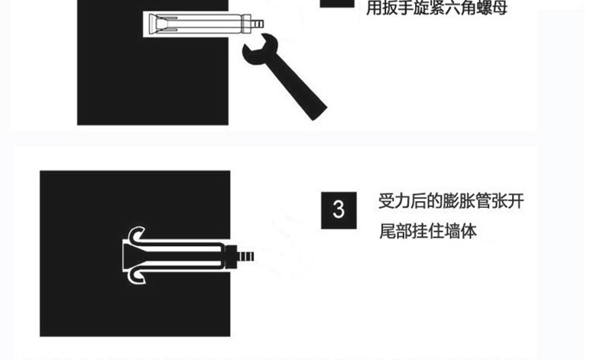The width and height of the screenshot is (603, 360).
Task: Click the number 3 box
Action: pos(339,210)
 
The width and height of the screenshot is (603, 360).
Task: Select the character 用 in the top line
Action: pos(374,8)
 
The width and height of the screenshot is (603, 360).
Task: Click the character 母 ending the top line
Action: pos(499,8)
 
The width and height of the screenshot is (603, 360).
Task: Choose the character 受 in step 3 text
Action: pos(387,201)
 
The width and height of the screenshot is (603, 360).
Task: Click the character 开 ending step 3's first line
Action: pos(516,201)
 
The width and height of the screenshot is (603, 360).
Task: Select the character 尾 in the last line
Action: pos(387,231)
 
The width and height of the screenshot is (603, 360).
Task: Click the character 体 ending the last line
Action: pos(468,231)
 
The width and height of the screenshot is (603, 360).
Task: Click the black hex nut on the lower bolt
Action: pos(231,256)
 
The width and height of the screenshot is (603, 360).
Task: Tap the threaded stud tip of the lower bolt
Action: pos(246,256)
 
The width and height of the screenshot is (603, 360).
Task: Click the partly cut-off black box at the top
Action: pos(337,4)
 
